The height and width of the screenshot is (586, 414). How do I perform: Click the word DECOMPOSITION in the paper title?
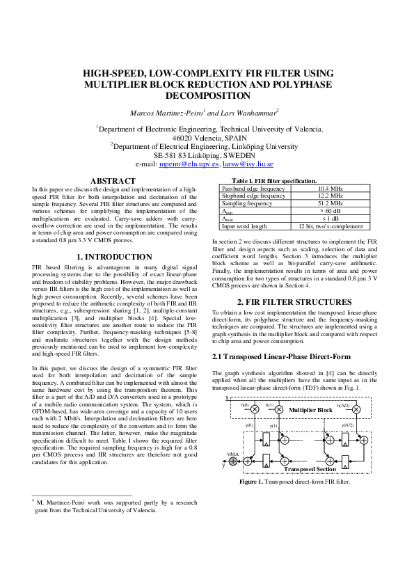[x=207, y=96]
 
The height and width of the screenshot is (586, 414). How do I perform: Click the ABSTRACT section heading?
[x=113, y=181]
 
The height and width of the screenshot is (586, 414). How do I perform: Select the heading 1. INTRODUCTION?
[x=113, y=257]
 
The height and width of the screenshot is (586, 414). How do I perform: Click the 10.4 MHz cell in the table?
[x=326, y=189]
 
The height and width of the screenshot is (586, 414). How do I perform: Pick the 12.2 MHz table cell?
[x=326, y=196]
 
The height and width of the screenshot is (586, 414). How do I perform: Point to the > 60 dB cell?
[x=326, y=211]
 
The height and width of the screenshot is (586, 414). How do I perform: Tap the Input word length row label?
[x=244, y=226]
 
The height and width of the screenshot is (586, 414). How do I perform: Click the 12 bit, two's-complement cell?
[x=326, y=226]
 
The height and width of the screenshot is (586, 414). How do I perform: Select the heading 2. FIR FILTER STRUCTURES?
[x=294, y=302]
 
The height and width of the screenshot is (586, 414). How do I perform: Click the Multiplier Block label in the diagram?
[x=310, y=410]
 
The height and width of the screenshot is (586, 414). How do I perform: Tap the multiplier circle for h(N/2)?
[x=356, y=410]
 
